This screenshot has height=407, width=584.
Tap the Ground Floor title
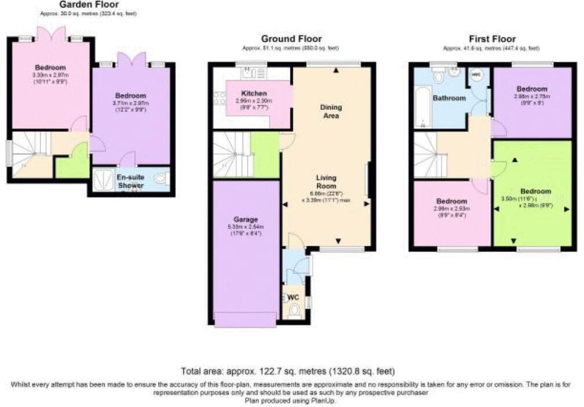pos(291,39)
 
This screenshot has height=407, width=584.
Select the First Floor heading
pos(491,39)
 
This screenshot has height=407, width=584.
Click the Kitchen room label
pos(254,93)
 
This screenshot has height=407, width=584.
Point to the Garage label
pos(246,219)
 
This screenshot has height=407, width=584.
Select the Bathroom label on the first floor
pos(450,98)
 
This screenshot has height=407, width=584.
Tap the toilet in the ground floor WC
pos(294,312)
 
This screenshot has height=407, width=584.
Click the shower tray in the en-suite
pos(104,180)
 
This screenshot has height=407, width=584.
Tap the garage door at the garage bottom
pos(245,320)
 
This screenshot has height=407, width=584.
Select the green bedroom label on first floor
pos(535,191)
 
